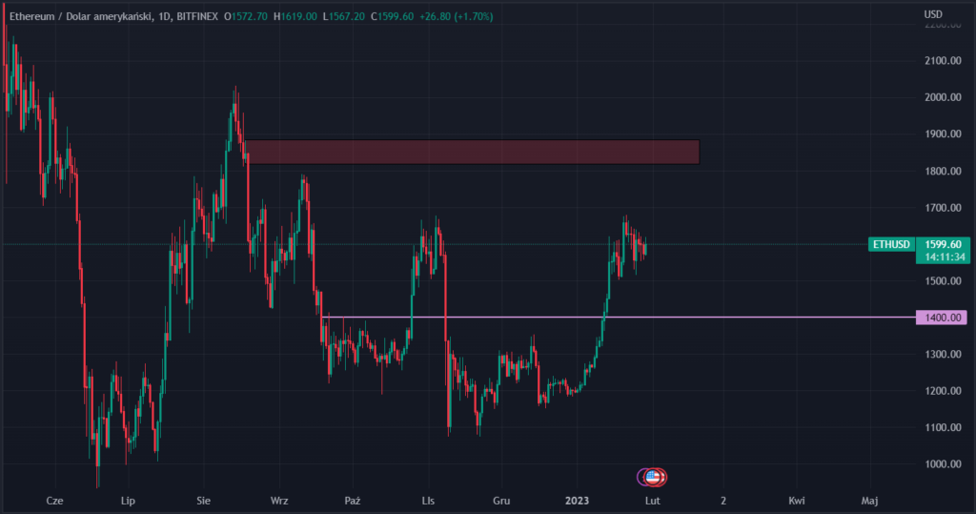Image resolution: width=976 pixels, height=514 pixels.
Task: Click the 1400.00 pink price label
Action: click(942, 318)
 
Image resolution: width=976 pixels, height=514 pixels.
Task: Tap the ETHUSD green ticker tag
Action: click(892, 245)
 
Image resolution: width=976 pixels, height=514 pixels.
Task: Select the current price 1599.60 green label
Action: click(943, 244)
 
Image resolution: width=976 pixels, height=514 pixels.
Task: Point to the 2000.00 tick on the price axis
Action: click(942, 97)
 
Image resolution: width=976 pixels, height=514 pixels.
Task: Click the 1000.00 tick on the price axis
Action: click(942, 464)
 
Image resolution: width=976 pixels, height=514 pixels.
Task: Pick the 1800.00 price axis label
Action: click(942, 172)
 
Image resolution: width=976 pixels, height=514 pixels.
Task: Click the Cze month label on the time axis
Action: click(54, 500)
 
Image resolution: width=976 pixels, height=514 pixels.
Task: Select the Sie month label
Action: click(204, 500)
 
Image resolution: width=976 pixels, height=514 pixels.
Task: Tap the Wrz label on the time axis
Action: click(279, 500)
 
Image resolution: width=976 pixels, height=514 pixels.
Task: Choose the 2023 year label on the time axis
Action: click(577, 500)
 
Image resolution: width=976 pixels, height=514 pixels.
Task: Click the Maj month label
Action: click(869, 500)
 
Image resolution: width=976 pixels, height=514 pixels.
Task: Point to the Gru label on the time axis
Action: click(502, 500)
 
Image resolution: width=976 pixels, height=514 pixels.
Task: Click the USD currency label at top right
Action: click(933, 13)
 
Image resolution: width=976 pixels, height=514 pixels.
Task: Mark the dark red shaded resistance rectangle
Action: click(472, 152)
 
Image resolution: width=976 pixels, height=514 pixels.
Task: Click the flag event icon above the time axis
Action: click(653, 476)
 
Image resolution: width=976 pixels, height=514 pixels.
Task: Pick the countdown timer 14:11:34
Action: click(943, 257)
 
